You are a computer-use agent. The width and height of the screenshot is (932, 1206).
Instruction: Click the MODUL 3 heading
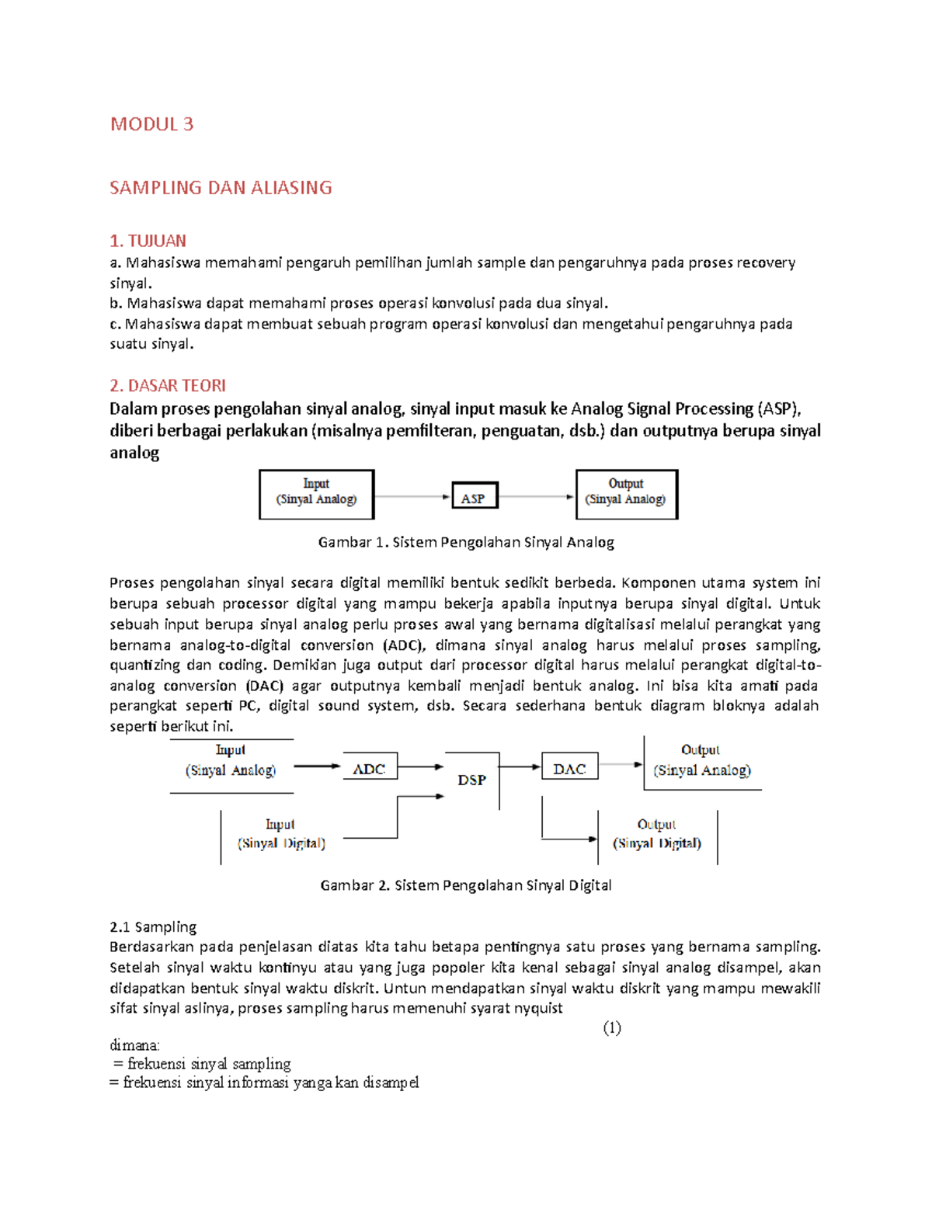(151, 124)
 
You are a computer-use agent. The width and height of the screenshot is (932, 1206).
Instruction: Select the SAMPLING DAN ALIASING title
(221, 188)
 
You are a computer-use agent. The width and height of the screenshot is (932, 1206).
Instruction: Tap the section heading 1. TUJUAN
(148, 241)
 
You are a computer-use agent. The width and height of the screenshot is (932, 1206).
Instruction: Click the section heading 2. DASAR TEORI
(168, 386)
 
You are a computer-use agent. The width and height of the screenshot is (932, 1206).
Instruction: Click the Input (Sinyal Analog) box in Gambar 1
(316, 493)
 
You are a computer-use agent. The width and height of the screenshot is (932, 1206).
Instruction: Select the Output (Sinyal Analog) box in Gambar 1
(626, 493)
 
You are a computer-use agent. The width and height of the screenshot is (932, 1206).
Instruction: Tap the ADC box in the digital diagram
(370, 767)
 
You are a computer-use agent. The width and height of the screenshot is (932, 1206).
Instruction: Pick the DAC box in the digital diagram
(569, 767)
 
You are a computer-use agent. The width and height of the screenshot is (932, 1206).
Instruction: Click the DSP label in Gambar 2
(471, 780)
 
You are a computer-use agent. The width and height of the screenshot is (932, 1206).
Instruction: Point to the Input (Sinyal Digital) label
(280, 834)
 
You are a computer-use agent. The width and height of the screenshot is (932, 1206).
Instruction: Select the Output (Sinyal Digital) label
(657, 834)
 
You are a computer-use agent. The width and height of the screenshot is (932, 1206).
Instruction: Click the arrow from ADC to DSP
(420, 766)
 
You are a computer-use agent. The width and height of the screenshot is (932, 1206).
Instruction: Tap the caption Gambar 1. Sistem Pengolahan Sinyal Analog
(466, 542)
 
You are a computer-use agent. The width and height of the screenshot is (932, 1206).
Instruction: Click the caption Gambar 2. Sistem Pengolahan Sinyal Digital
(466, 885)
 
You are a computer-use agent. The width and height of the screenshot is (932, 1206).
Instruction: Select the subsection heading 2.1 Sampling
(153, 926)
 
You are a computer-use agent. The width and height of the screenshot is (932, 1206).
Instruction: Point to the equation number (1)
(612, 1028)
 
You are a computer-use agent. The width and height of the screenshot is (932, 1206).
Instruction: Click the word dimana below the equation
(134, 1045)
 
